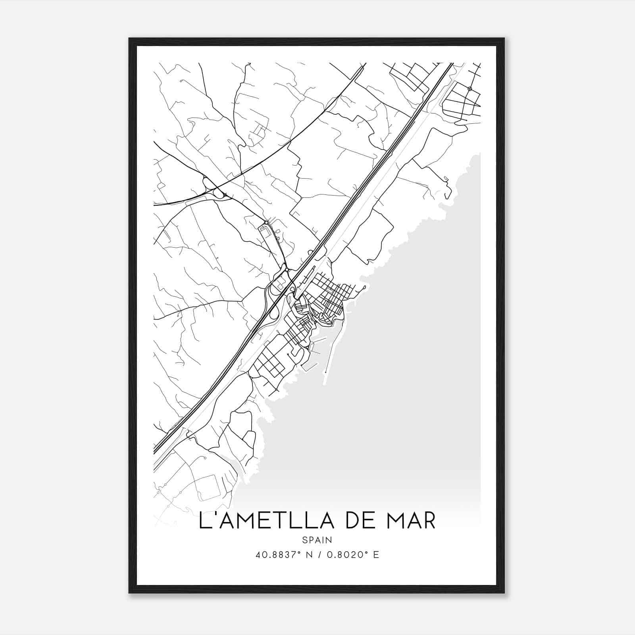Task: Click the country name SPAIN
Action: coord(317,540)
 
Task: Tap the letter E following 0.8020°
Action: coord(376,554)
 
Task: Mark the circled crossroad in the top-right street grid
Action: coord(470,89)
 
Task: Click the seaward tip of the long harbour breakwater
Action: coord(325,384)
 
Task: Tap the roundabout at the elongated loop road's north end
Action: coord(266,222)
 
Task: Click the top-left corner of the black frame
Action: coord(129,39)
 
